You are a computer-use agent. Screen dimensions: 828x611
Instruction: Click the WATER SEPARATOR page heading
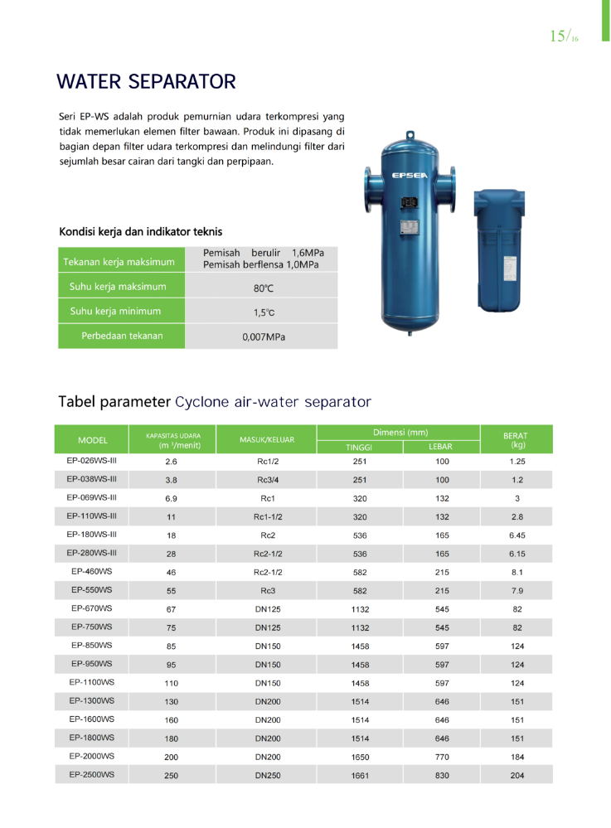(146, 82)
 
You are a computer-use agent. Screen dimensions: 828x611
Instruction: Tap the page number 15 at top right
(558, 36)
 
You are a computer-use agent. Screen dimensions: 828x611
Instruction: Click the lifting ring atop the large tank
(410, 135)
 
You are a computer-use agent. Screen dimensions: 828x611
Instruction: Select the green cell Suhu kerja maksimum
(118, 287)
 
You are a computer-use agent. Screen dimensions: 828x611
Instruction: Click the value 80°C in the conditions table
(263, 288)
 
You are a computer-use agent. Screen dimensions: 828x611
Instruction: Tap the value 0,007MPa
(264, 337)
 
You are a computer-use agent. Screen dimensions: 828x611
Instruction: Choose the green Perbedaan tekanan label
(121, 336)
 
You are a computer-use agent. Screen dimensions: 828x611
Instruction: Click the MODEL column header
(95, 439)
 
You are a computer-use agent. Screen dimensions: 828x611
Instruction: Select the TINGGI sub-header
(358, 448)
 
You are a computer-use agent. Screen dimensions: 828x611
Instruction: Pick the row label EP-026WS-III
(92, 460)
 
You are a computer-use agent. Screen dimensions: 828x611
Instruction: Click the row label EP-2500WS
(92, 774)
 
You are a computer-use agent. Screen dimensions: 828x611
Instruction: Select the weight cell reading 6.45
(517, 535)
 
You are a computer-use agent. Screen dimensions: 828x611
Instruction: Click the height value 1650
(360, 757)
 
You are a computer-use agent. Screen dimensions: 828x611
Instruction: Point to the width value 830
(441, 775)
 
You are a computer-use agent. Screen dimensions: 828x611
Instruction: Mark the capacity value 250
(172, 775)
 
